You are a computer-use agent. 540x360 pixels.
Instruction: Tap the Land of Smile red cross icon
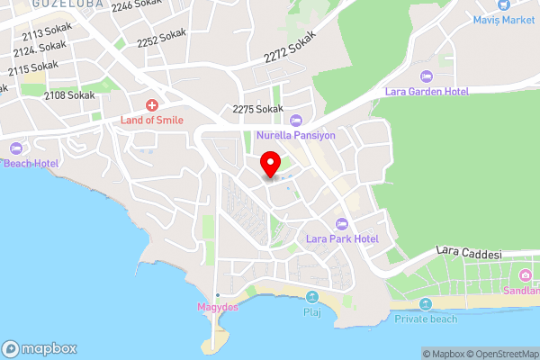click(153, 105)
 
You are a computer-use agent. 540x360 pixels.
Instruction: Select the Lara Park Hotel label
click(341, 238)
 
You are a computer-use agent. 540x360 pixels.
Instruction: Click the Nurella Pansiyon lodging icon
click(295, 121)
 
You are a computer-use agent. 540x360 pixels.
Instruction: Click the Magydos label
click(216, 308)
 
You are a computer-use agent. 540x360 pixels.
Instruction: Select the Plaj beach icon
click(312, 297)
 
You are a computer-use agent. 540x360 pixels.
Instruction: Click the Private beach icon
click(426, 304)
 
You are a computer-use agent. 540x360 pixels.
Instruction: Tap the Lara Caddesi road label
click(468, 254)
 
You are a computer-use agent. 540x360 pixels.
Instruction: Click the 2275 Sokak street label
click(257, 109)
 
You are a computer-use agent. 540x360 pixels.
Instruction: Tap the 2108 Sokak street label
click(69, 94)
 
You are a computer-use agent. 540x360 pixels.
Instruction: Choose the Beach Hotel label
click(31, 163)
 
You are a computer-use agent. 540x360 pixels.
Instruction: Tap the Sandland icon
click(525, 274)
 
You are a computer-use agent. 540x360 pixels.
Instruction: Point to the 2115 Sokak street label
click(35, 67)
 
